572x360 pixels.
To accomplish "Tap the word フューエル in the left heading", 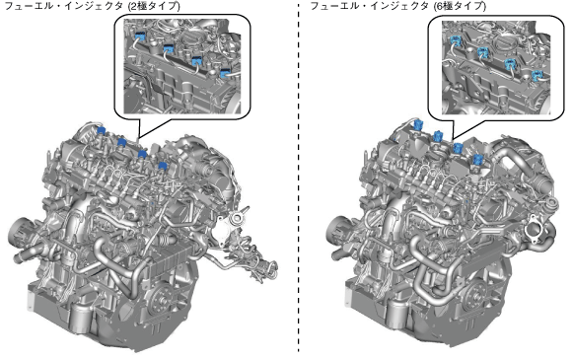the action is [x=25, y=6].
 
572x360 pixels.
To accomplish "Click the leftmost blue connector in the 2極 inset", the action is [x=140, y=36].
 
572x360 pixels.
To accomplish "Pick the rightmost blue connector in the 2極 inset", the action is [x=225, y=73].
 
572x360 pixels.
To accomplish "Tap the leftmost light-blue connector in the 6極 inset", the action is [x=456, y=39].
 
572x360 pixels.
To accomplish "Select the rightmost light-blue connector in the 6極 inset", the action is [x=537, y=76].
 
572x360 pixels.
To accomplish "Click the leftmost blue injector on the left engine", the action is [x=101, y=130].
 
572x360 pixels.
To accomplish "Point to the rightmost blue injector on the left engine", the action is [x=163, y=167].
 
